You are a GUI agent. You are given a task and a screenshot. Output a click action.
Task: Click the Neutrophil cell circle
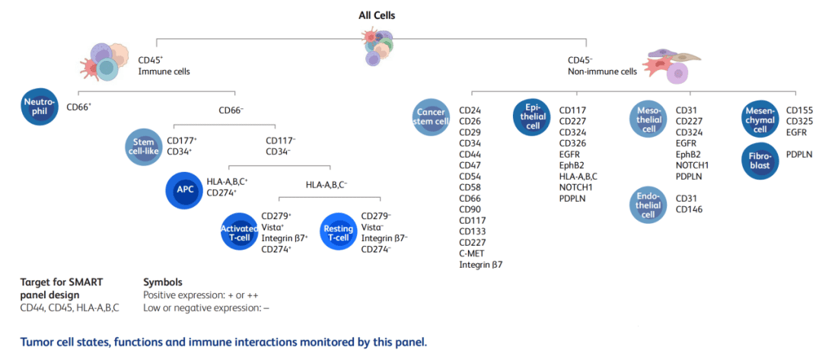(38, 107)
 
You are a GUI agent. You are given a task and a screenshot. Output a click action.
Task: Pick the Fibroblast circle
(760, 160)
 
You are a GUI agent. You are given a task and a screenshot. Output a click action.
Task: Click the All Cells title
(377, 15)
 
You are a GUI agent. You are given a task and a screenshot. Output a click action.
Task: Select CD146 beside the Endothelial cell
(690, 209)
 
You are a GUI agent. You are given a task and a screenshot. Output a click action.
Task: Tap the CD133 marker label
(473, 231)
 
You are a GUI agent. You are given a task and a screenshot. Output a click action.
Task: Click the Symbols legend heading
(163, 282)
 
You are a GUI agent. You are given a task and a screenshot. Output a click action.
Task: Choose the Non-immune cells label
(602, 72)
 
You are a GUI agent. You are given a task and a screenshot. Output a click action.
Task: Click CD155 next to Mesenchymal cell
(800, 110)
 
